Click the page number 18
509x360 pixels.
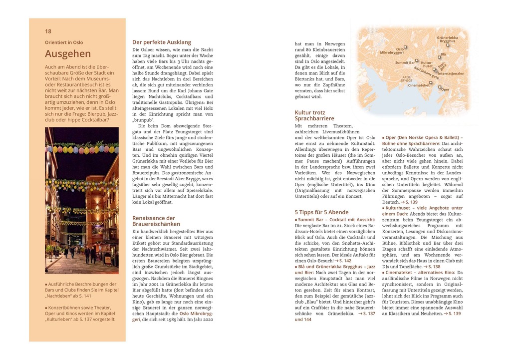coord(48,31)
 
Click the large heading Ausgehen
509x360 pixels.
coord(68,54)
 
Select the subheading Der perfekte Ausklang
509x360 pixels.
coord(162,42)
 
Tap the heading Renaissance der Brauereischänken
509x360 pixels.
coord(154,221)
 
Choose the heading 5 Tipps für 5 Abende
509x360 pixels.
coord(321,212)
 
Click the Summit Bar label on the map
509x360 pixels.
coord(405,63)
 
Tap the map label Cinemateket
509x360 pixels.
coord(418,85)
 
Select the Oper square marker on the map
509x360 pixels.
coord(439,87)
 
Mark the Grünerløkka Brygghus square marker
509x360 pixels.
coord(447,45)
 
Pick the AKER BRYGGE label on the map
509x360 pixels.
coord(406,79)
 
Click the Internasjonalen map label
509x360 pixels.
coord(451,73)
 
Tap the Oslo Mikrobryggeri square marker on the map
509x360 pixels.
coord(405,47)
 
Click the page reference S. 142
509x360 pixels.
coord(344,261)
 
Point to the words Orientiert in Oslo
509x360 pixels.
coord(64,42)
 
